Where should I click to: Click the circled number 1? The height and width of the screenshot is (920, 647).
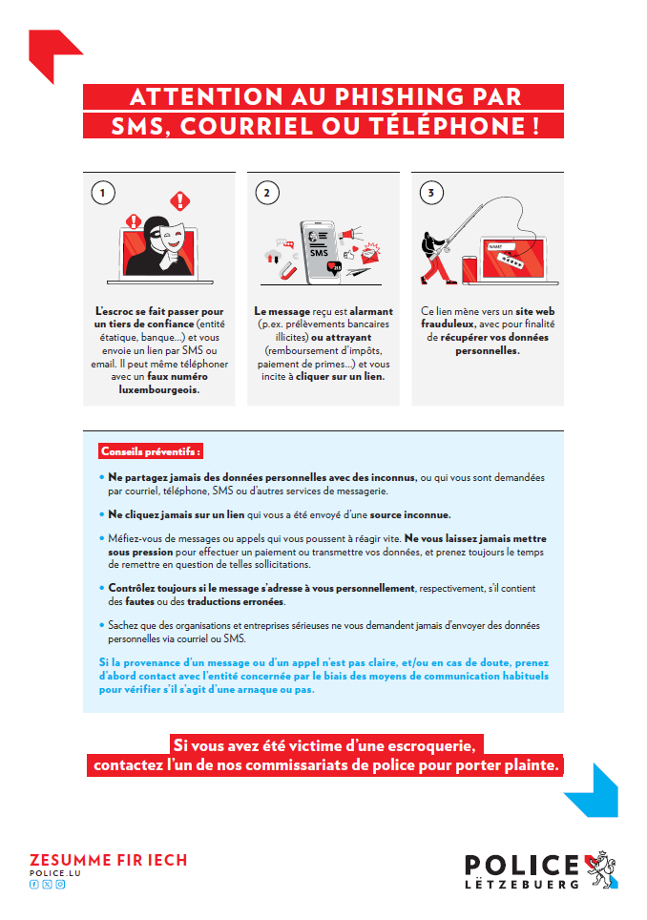point(102,193)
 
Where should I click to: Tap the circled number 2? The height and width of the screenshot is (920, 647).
point(266,193)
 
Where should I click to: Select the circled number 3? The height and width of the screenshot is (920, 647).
point(431,193)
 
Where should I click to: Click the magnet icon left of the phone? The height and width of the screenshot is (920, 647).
point(284,270)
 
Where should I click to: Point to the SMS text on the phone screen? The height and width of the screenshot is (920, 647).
point(317,253)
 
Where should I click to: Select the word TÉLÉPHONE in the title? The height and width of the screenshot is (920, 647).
point(463,126)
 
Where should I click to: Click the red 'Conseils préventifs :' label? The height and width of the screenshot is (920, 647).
point(153,450)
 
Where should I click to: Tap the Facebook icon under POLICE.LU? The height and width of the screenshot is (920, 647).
point(34,885)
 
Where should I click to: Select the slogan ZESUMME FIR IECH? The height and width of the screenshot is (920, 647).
point(108,860)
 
